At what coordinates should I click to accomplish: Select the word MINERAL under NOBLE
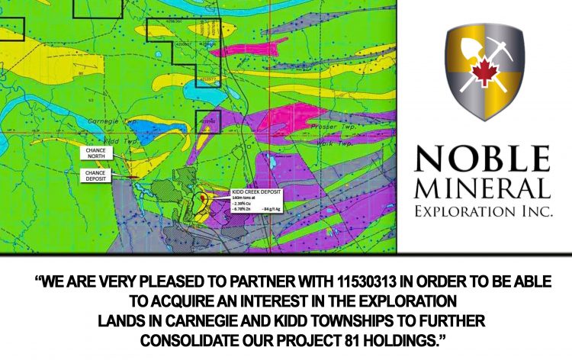coord(484,188)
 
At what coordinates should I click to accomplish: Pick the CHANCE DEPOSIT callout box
coord(97,175)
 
